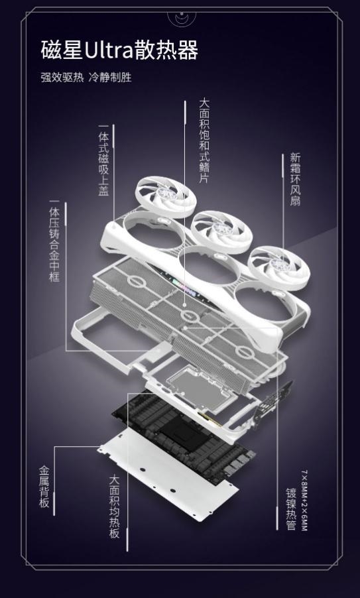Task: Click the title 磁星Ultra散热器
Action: click(119, 50)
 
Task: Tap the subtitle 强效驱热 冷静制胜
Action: click(86, 78)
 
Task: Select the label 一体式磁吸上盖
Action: click(103, 160)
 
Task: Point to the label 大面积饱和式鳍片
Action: click(204, 141)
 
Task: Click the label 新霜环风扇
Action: click(295, 179)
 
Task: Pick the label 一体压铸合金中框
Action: click(54, 241)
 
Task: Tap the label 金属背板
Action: click(44, 487)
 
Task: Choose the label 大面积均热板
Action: click(115, 507)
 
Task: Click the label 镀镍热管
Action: click(291, 508)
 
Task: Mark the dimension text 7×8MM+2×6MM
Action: click(304, 501)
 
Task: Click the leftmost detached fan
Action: click(166, 196)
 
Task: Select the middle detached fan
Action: click(221, 232)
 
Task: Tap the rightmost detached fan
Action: click(278, 268)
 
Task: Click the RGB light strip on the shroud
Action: click(184, 286)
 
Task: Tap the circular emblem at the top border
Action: click(182, 17)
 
